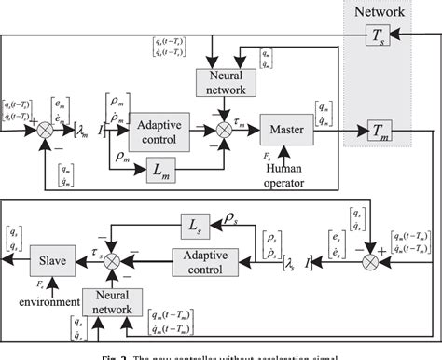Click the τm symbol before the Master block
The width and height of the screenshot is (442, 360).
[241, 122]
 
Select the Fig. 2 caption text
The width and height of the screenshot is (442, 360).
[220, 354]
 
